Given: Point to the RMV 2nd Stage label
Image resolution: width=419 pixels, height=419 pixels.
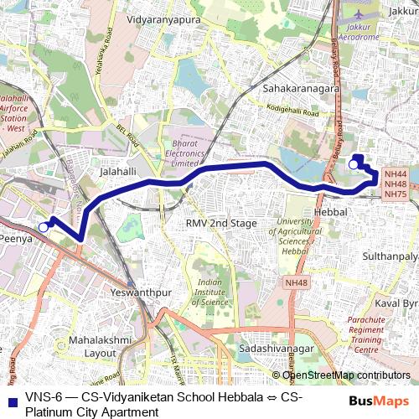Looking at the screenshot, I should pyautogui.click(x=221, y=223).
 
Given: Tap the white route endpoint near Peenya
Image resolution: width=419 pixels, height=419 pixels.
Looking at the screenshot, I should pyautogui.click(x=43, y=226).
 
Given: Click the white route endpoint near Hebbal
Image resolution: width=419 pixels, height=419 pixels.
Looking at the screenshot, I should pyautogui.click(x=353, y=165).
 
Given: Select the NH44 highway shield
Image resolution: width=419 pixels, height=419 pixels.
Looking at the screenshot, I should pyautogui.click(x=395, y=173).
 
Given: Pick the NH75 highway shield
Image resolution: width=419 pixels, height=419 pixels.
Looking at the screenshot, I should pyautogui.click(x=395, y=194).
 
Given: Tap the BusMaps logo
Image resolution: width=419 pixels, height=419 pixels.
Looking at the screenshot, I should pyautogui.click(x=379, y=401).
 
